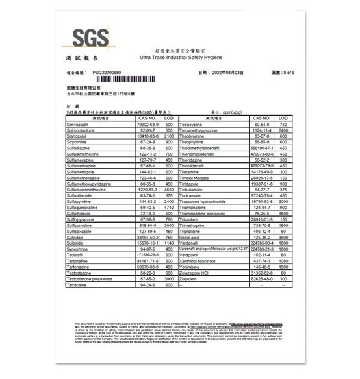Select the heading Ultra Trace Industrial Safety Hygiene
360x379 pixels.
click(x=186, y=58)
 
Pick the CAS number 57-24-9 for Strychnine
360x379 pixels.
click(x=148, y=142)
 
